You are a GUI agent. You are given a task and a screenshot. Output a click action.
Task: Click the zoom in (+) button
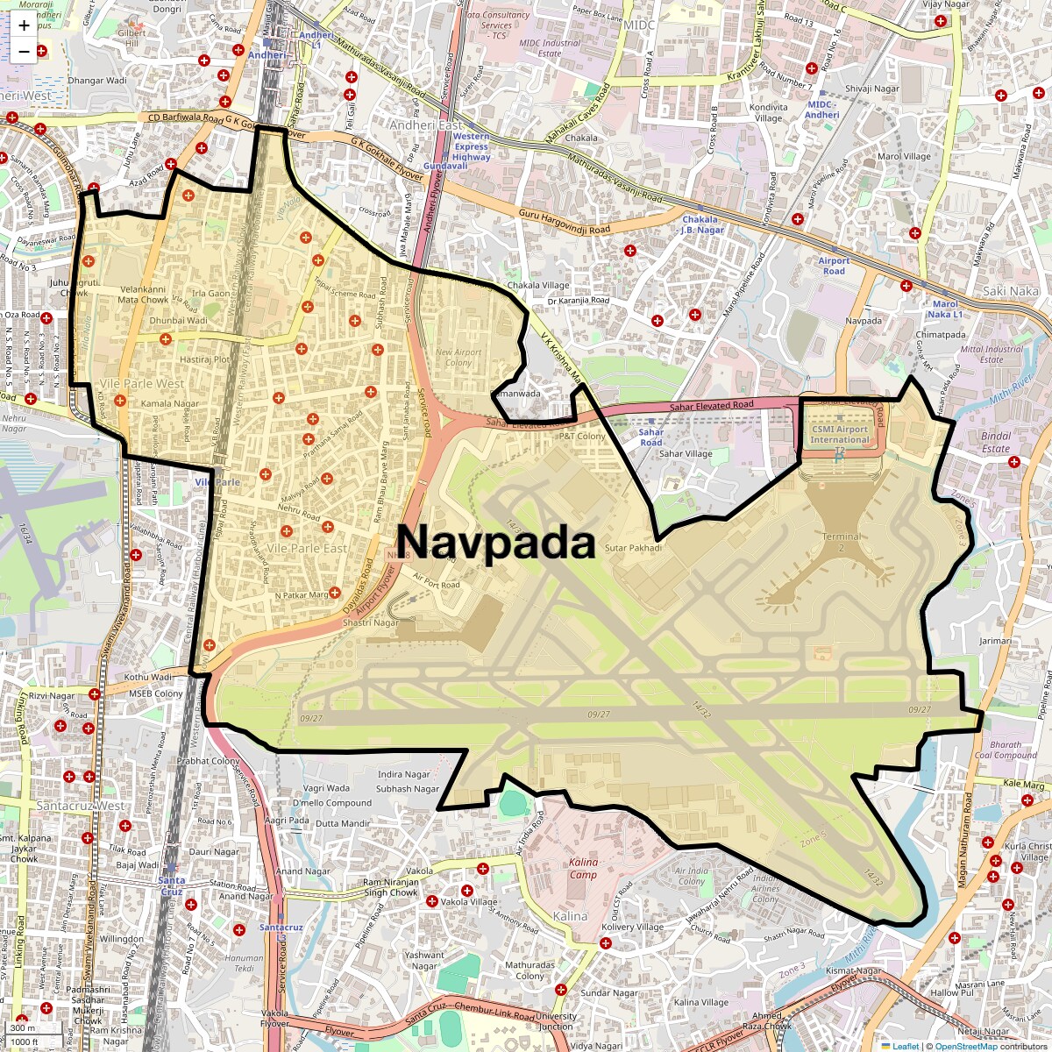[24, 25]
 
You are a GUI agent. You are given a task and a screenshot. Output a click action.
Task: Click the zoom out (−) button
[24, 52]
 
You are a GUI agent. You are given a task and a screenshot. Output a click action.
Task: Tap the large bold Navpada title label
[496, 543]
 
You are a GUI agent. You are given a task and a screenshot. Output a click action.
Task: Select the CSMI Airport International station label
[839, 435]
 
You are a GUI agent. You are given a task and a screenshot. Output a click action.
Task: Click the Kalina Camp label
[583, 868]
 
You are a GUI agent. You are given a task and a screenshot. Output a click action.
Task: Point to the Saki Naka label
[1010, 291]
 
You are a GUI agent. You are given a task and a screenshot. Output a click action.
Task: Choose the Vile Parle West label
[142, 384]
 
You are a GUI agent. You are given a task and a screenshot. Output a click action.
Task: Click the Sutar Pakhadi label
[632, 548]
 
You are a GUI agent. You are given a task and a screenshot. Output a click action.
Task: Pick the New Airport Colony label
[458, 358]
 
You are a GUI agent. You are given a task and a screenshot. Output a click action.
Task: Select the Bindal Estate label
[996, 442]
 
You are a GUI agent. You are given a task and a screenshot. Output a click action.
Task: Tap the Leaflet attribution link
[906, 1046]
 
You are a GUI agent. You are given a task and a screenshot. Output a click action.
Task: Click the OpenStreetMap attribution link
[966, 1046]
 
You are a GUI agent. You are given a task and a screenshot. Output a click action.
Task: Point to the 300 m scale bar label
[23, 1028]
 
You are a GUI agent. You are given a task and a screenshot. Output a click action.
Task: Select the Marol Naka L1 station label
[945, 309]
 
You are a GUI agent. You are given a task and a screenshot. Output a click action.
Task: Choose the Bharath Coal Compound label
[1006, 750]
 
